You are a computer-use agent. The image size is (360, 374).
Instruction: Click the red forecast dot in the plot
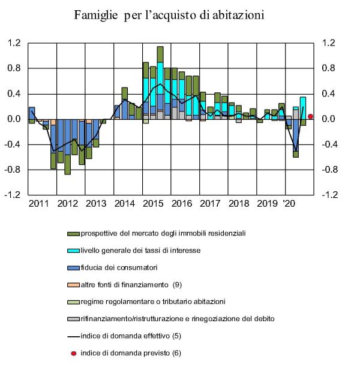click(310, 116)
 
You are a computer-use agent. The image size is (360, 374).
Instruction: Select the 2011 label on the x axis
click(38, 203)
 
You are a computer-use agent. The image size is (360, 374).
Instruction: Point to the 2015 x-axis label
click(154, 203)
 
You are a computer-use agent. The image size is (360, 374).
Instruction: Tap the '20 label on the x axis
click(289, 203)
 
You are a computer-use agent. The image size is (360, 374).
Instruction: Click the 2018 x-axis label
click(238, 203)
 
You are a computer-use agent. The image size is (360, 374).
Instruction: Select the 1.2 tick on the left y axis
click(14, 43)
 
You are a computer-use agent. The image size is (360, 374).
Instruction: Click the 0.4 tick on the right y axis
click(329, 93)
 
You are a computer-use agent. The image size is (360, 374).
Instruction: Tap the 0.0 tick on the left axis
click(14, 119)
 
